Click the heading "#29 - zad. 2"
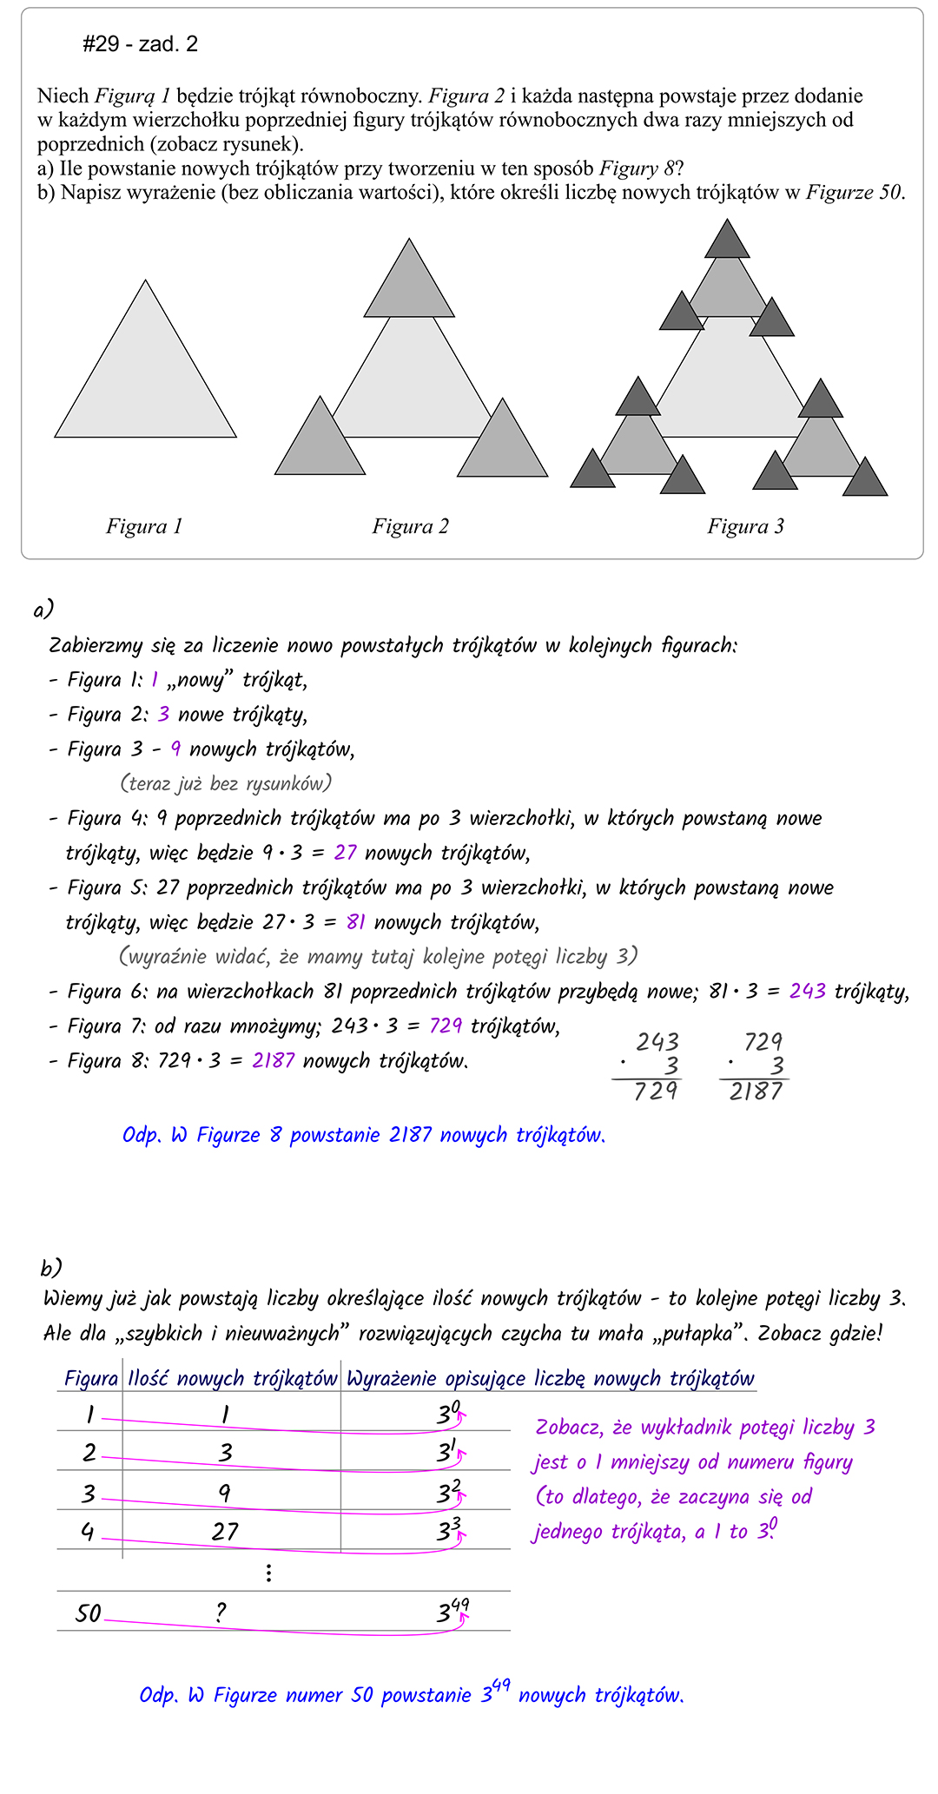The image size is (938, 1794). [x=140, y=44]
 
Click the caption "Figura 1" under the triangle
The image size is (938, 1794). [x=144, y=526]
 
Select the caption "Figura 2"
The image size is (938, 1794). [x=410, y=526]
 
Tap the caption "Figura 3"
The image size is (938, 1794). [x=745, y=526]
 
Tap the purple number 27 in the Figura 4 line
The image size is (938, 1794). [x=345, y=853]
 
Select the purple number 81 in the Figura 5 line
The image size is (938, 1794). [x=356, y=922]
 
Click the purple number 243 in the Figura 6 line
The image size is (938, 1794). [x=807, y=992]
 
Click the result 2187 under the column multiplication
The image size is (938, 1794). [x=756, y=1092]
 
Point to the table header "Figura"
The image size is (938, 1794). [x=91, y=1379]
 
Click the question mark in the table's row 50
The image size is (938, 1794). [x=221, y=1613]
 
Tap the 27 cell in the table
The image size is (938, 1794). [x=225, y=1531]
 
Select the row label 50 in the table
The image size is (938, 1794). [x=89, y=1614]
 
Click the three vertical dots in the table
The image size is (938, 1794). [x=269, y=1573]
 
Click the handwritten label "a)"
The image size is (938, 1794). [x=43, y=610]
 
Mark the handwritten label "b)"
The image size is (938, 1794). [x=50, y=1269]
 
